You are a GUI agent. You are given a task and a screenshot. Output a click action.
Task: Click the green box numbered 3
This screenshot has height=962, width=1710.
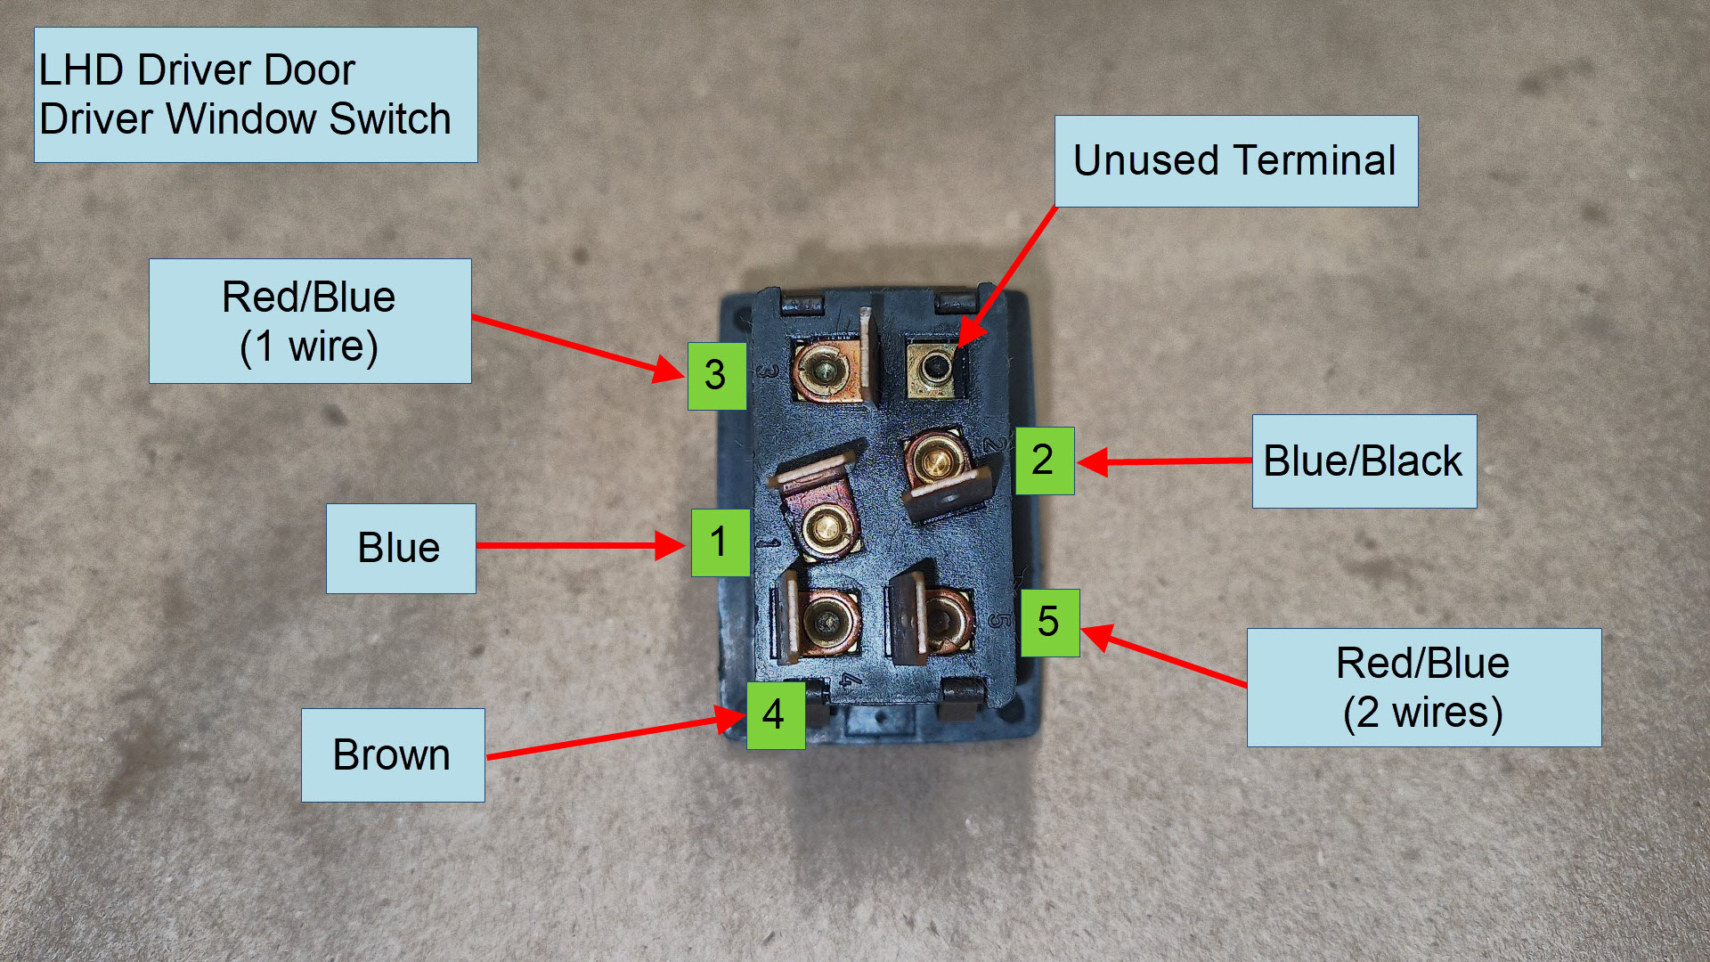716,376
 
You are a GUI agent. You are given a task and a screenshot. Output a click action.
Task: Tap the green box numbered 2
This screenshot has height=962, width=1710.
1044,461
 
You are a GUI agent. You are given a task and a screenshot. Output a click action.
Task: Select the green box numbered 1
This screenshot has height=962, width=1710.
720,542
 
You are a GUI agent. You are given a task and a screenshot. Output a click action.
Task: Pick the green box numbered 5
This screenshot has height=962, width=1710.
1049,623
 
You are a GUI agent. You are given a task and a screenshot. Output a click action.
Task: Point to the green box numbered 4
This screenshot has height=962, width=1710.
775,715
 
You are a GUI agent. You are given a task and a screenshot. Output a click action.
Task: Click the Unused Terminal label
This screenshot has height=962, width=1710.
1235,161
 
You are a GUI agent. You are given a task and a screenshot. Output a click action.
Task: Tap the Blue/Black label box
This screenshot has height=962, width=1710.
1364,461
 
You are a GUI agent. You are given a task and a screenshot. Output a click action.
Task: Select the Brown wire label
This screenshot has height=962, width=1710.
392,755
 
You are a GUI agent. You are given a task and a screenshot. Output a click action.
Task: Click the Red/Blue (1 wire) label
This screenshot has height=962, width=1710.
309,322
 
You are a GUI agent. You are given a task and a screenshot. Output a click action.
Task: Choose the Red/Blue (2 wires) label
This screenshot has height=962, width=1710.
1423,688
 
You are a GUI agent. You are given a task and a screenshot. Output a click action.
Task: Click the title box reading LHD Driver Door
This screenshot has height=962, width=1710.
255,94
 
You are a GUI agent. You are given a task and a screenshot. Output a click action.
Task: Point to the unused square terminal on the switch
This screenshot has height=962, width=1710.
933,367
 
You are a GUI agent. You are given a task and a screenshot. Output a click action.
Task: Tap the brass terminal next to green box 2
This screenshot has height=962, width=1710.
933,461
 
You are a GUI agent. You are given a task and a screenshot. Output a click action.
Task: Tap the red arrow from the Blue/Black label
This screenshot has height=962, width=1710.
1167,461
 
